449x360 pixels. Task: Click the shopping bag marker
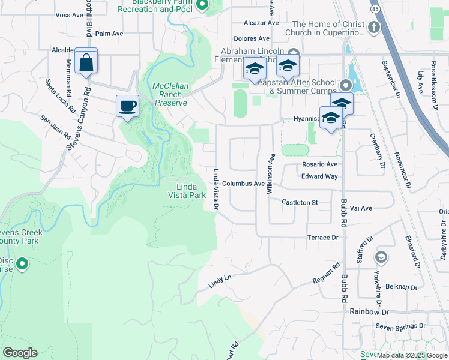click(86, 62)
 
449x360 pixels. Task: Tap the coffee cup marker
click(127, 107)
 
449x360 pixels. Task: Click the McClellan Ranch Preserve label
click(170, 94)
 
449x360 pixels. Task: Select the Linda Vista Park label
click(186, 191)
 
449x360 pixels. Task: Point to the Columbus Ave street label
click(243, 184)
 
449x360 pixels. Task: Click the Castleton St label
click(300, 203)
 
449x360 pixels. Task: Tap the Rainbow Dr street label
click(369, 312)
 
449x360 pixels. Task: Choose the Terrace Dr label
click(323, 238)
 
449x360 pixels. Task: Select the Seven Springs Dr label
click(401, 326)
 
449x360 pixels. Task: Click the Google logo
click(20, 353)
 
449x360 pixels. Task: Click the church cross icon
click(374, 28)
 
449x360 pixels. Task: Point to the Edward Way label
click(319, 176)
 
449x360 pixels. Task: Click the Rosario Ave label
click(320, 164)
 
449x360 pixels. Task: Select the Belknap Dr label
click(402, 287)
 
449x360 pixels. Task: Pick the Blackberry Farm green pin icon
click(202, 5)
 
